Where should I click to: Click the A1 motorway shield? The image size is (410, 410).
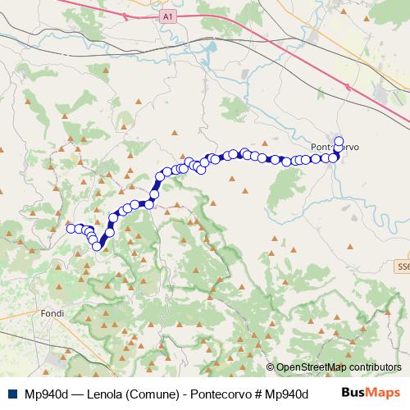[167, 16]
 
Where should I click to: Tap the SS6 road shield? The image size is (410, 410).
[402, 266]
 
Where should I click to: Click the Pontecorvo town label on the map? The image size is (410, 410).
[335, 148]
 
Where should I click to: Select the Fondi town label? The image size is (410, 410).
[51, 313]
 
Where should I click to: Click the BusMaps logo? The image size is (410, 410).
[371, 392]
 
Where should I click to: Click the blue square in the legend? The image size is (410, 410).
[12, 393]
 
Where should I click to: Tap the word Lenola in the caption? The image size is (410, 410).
[107, 393]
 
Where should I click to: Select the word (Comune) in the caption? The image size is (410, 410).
[153, 393]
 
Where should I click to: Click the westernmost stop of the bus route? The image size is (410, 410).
[71, 229]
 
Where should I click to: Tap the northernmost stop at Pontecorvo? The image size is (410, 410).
[339, 139]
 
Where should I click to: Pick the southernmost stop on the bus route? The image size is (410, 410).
[97, 246]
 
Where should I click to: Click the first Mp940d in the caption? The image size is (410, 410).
[47, 393]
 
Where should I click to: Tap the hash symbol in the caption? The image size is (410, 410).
[263, 393]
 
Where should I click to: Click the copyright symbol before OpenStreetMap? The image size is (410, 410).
[271, 367]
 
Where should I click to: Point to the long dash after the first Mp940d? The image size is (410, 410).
[78, 393]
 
